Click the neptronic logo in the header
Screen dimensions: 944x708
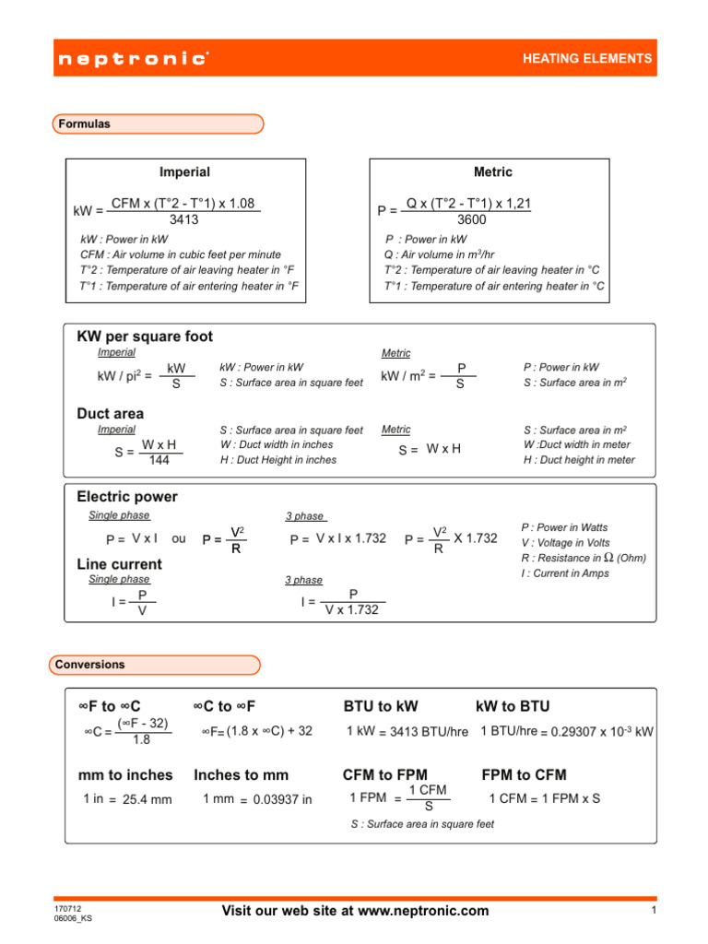click(133, 59)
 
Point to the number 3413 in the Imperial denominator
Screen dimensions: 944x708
click(183, 220)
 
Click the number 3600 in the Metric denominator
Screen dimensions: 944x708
click(471, 220)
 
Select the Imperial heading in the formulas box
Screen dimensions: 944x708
click(184, 172)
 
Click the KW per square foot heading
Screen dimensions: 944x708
click(145, 337)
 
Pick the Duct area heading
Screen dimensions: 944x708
click(110, 415)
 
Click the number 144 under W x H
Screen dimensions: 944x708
click(159, 460)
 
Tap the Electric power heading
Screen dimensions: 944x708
click(127, 497)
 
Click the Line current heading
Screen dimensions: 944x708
click(119, 564)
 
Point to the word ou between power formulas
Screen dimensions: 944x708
click(179, 538)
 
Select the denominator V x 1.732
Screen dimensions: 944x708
click(351, 609)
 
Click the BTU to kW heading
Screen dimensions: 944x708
click(380, 706)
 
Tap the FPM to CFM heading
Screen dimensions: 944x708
click(524, 774)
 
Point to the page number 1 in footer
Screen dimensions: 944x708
click(651, 911)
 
